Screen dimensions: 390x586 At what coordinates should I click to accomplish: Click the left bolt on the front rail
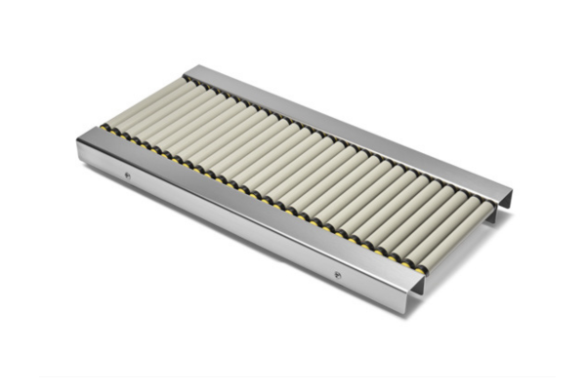coord(127,175)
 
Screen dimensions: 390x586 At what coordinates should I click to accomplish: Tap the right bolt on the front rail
coord(338,275)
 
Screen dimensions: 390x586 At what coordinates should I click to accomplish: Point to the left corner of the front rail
coord(80,142)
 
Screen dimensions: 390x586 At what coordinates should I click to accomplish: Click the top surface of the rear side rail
coord(342,127)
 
